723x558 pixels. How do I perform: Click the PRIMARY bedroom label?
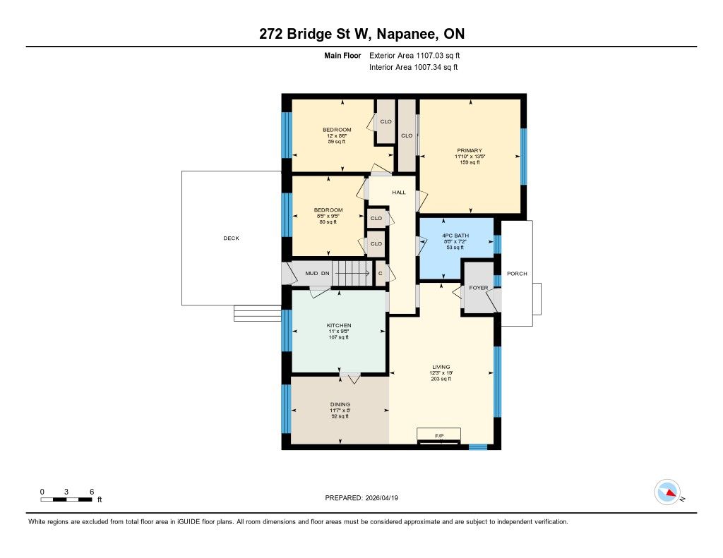470,150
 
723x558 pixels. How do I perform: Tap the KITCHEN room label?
339,325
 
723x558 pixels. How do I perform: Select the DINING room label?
340,404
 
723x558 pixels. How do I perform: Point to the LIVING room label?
441,367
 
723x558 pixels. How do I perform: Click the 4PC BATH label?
455,236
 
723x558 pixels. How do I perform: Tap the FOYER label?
478,288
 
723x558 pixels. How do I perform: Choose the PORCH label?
517,273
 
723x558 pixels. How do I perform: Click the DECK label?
231,238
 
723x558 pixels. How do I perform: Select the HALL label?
399,192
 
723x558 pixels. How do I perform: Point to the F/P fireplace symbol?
438,436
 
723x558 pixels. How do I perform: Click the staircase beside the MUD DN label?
352,273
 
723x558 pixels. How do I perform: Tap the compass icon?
667,492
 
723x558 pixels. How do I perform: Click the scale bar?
66,499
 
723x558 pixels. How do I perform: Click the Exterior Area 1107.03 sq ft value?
414,55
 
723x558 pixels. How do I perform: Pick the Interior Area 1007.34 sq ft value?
414,67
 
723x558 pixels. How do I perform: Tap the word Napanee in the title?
406,34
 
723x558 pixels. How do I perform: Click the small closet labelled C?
381,273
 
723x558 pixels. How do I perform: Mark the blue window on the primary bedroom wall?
524,157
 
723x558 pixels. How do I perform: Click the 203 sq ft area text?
441,379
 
